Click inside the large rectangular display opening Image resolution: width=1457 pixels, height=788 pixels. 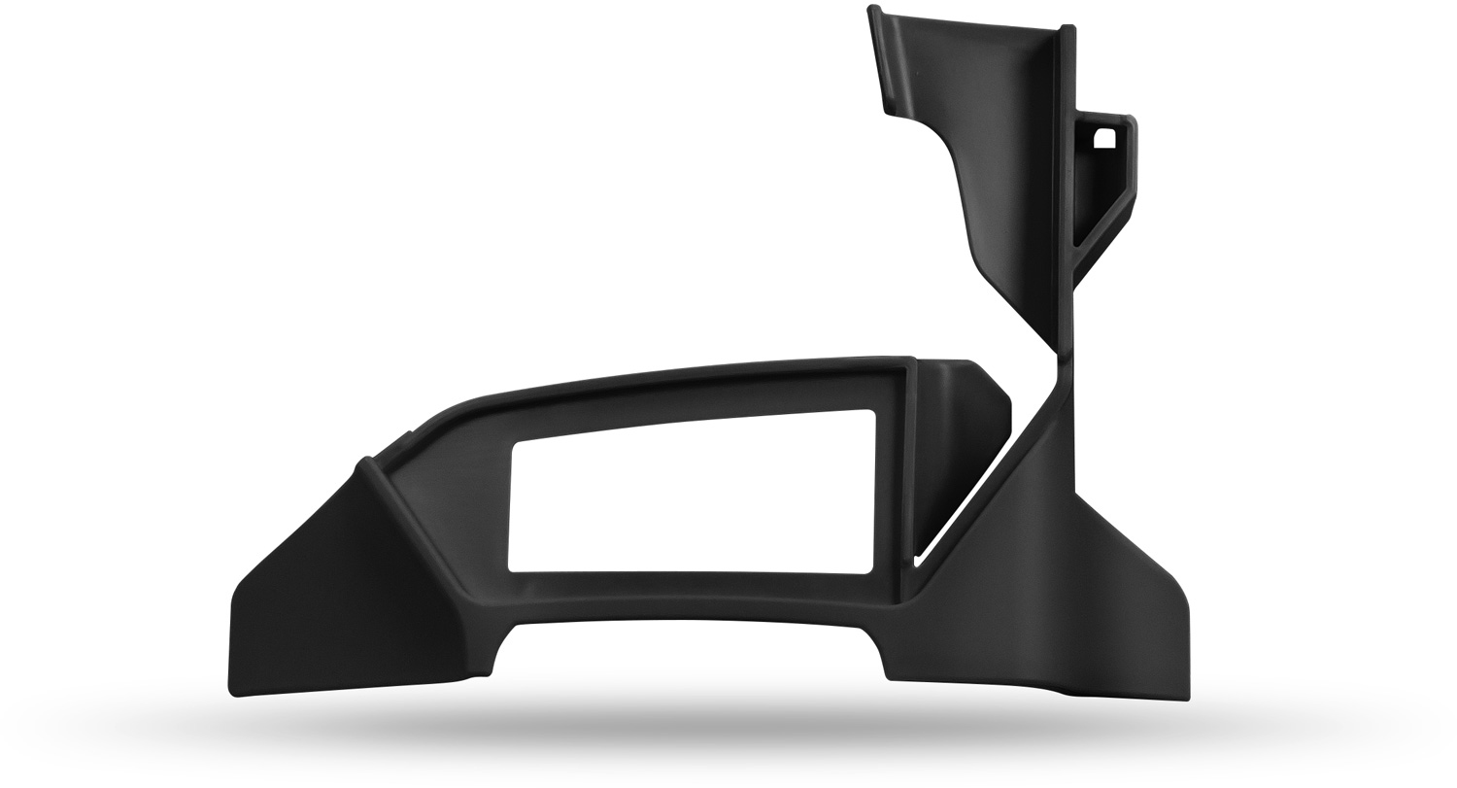point(692,496)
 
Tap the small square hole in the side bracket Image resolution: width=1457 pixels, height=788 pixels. point(1104,138)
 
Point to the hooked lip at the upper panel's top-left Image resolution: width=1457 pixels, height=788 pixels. point(873,14)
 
